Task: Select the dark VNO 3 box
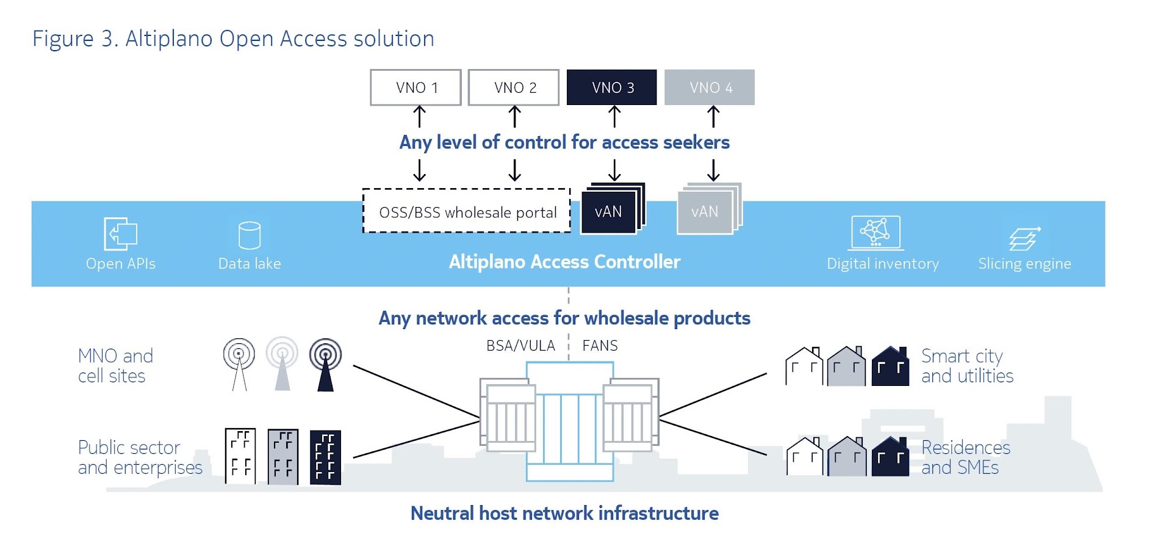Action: tap(612, 87)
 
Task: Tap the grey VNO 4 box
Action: tap(710, 87)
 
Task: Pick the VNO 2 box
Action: tap(514, 87)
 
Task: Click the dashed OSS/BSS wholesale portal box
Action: tap(467, 211)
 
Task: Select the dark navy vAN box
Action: tap(609, 211)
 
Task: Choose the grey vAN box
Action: tap(705, 211)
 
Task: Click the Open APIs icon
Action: tap(120, 233)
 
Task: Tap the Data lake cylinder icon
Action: tap(250, 235)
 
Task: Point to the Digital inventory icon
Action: tap(876, 233)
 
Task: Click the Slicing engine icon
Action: tap(1024, 238)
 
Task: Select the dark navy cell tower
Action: tap(325, 365)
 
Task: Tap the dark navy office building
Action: tap(325, 457)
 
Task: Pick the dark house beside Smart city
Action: tap(890, 366)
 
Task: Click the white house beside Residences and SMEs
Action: tap(805, 457)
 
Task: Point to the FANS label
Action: tap(600, 346)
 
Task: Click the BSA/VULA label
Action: tap(520, 346)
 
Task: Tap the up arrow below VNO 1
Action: tap(419, 116)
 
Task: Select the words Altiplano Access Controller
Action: tap(564, 262)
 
